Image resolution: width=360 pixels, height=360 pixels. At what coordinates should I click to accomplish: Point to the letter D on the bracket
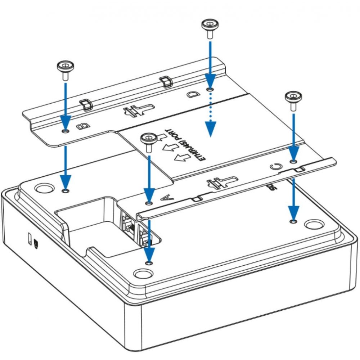pyautogui.click(x=193, y=95)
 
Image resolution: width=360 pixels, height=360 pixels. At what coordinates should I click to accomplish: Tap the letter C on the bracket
pyautogui.click(x=275, y=166)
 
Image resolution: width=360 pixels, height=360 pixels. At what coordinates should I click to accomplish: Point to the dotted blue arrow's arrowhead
pyautogui.click(x=210, y=129)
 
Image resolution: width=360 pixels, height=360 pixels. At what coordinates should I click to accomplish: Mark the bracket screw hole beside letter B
pyautogui.click(x=65, y=131)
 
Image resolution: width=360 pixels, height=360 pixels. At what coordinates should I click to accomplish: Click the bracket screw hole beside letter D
pyautogui.click(x=210, y=89)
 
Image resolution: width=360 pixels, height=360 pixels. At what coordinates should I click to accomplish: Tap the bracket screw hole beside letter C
pyautogui.click(x=294, y=161)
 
